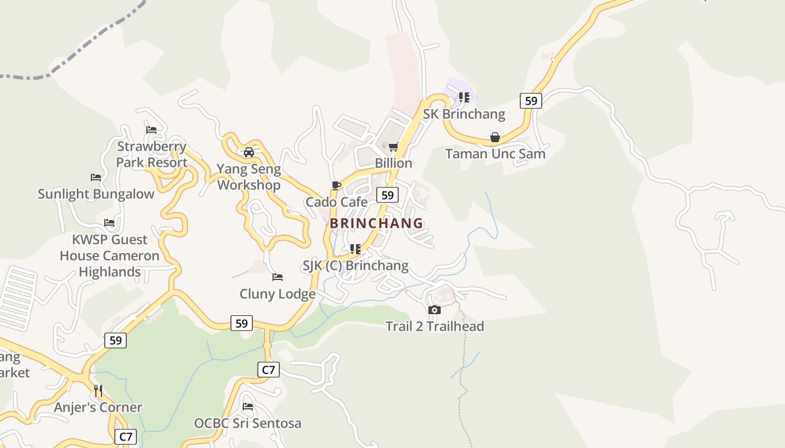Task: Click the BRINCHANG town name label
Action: click(x=376, y=223)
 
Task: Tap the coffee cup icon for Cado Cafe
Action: click(x=336, y=185)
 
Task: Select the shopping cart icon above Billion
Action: click(x=394, y=147)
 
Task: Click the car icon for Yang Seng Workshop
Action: click(x=249, y=152)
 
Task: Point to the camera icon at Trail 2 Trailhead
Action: click(x=434, y=310)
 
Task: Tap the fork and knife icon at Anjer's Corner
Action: click(x=98, y=390)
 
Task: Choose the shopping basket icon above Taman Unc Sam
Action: click(x=495, y=137)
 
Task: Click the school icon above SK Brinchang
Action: click(x=464, y=97)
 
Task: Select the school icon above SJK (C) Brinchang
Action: click(x=355, y=249)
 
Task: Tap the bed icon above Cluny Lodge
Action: click(x=277, y=277)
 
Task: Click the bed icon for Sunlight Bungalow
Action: click(x=96, y=178)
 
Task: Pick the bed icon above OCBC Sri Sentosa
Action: click(x=248, y=406)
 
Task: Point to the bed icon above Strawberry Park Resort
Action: click(x=151, y=130)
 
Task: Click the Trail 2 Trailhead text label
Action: click(x=435, y=326)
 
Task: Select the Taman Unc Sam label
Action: click(x=495, y=153)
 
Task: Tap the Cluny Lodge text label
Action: click(x=278, y=293)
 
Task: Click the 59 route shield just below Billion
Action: click(x=387, y=195)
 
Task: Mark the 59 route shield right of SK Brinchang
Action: click(x=530, y=101)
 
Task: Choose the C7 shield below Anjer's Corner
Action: click(x=126, y=436)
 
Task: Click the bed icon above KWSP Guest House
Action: click(x=109, y=223)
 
